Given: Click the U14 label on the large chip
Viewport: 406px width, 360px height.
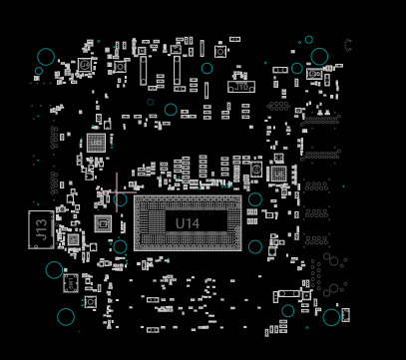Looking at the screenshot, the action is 188,223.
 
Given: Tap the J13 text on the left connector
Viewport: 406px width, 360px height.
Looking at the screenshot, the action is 40,229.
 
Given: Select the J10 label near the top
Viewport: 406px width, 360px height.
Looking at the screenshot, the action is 240,87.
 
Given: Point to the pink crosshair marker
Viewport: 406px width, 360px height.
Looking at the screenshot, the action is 118,186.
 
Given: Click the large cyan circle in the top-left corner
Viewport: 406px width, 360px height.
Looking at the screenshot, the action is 46,57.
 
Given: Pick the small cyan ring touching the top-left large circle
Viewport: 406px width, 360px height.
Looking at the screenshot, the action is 39,71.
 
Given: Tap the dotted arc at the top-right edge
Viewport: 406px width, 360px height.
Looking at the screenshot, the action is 348,45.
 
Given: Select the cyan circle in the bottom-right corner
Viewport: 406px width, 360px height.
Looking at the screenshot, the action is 331,317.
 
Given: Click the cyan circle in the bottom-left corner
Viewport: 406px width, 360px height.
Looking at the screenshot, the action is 66,316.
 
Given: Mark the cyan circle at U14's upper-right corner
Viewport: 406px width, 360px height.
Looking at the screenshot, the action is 255,199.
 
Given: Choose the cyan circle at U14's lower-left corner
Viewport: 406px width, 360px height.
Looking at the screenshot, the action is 121,246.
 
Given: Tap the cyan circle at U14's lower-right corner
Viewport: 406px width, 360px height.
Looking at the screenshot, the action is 255,246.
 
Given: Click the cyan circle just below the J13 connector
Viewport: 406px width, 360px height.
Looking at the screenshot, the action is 54,269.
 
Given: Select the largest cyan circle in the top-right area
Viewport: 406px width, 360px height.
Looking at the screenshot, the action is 319,56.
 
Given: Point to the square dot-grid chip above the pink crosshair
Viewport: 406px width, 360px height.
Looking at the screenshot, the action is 96,143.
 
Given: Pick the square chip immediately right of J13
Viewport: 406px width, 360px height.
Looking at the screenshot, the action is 73,239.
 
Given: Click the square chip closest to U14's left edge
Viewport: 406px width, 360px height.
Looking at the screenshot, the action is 103,223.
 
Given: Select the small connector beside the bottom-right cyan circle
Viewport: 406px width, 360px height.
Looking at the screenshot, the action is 345,315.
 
